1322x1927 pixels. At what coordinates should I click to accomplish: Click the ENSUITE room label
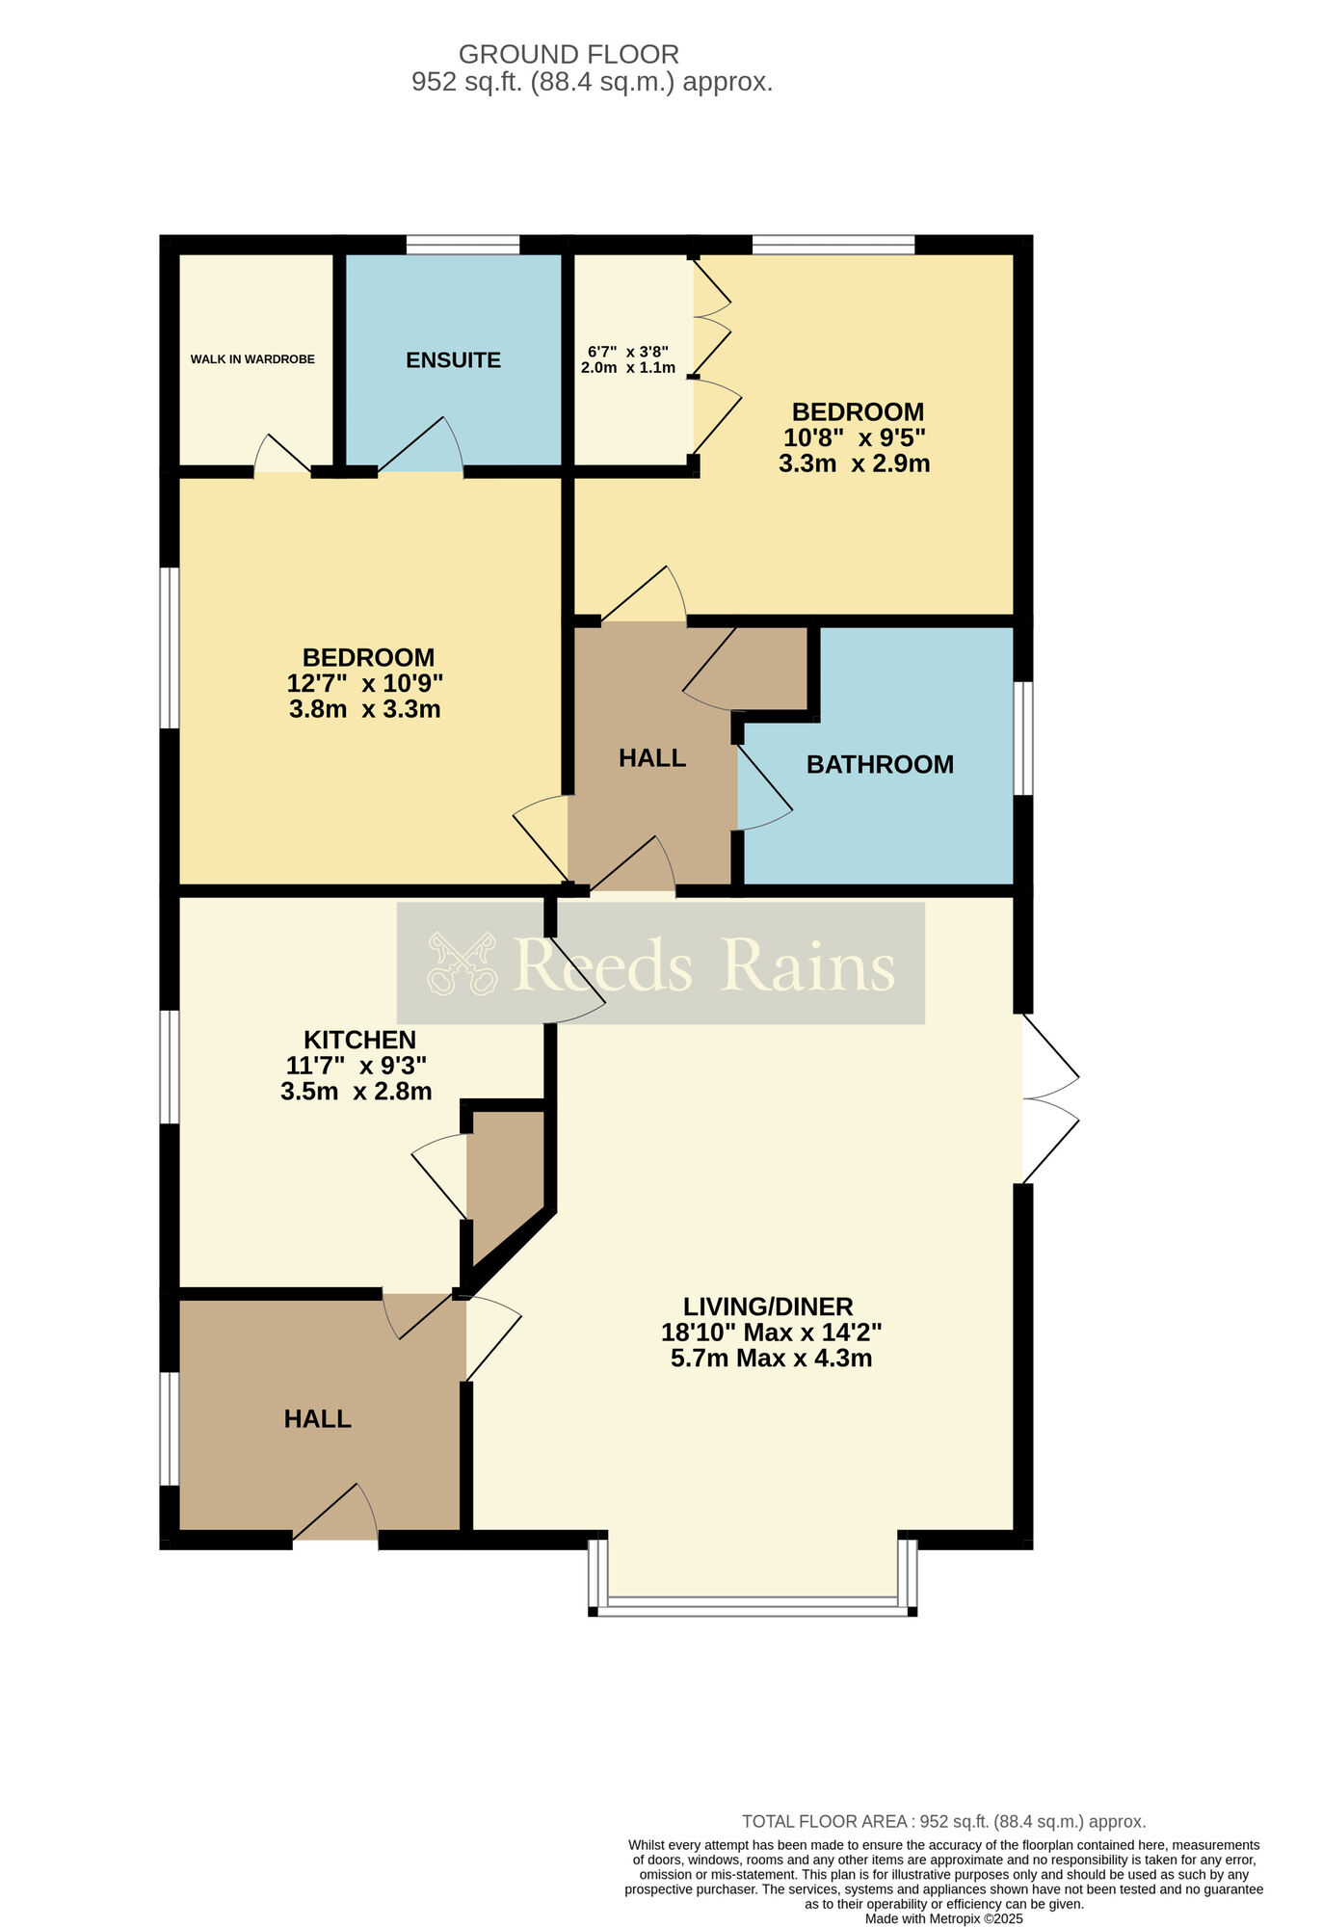click(x=453, y=360)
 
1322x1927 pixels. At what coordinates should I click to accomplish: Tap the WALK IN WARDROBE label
click(x=252, y=359)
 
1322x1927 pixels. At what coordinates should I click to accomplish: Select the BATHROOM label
click(x=880, y=764)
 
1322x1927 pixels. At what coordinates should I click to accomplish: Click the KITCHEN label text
click(x=359, y=1040)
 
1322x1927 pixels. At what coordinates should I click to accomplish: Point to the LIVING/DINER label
click(x=768, y=1307)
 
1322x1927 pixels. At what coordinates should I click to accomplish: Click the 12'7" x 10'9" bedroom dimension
click(x=365, y=683)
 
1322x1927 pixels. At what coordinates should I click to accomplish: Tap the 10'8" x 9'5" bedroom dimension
click(x=855, y=437)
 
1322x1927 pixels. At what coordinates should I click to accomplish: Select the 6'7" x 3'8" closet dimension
click(x=628, y=352)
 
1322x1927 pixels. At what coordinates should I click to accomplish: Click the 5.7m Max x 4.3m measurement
click(x=771, y=1359)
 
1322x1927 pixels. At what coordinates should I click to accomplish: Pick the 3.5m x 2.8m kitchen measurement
click(x=357, y=1092)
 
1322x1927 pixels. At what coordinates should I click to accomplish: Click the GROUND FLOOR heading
click(x=568, y=54)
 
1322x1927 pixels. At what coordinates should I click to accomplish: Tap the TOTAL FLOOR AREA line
click(x=943, y=1822)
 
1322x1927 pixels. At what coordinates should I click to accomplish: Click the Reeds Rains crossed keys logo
click(x=463, y=963)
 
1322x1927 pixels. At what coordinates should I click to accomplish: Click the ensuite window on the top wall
click(x=463, y=245)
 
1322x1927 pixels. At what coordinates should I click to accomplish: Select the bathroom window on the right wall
click(x=1023, y=739)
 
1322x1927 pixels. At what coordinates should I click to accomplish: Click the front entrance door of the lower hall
click(x=335, y=1513)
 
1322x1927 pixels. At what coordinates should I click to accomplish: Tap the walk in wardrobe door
click(x=282, y=455)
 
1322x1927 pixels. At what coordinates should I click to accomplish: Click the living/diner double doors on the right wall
click(x=1050, y=1098)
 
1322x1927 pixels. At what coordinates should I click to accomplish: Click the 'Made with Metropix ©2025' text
click(x=943, y=1918)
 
